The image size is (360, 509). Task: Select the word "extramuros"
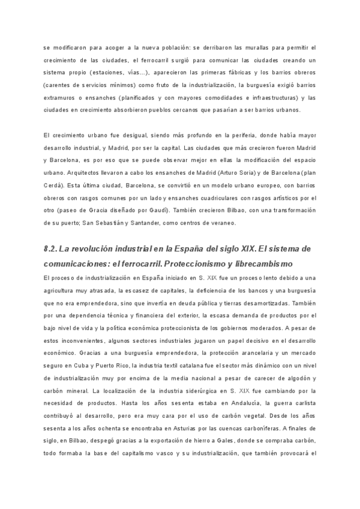[61, 98]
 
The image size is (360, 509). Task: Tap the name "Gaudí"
[159, 211]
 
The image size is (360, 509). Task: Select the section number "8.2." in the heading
[53, 248]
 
